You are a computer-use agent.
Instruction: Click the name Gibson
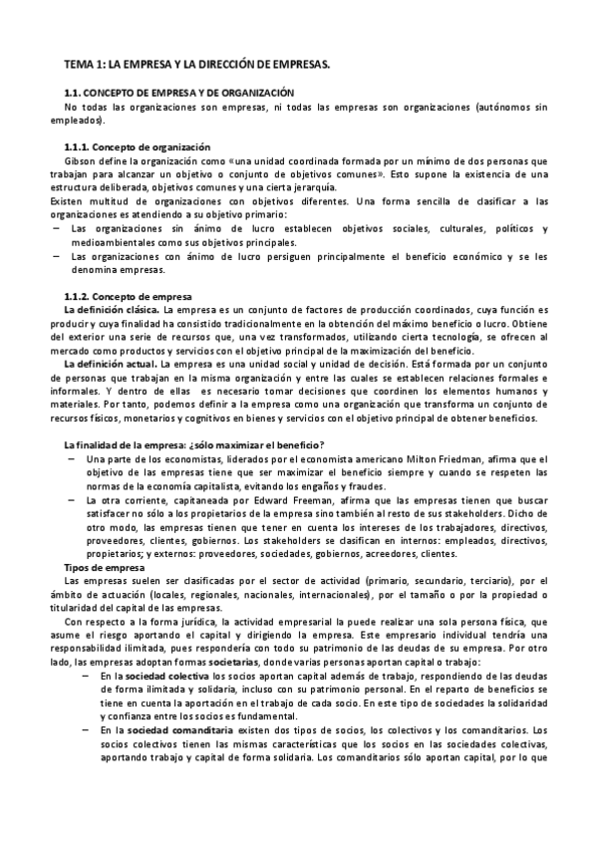click(80, 160)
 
